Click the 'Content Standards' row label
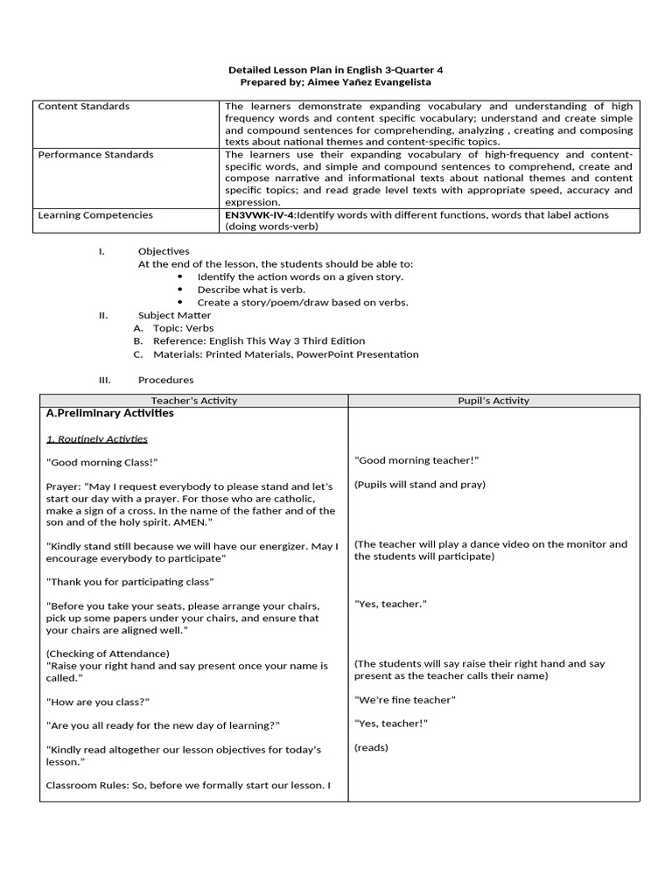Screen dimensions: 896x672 click(x=84, y=106)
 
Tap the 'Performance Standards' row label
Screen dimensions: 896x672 click(x=95, y=154)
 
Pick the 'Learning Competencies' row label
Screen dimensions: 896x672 click(x=94, y=214)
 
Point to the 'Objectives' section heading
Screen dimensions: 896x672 click(x=164, y=251)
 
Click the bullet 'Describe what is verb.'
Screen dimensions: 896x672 click(x=251, y=289)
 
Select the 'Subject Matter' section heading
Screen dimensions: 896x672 click(x=174, y=315)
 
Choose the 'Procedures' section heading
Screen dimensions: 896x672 click(x=165, y=380)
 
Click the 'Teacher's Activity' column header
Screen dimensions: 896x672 click(x=194, y=401)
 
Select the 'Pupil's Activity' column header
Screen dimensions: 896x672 click(x=493, y=401)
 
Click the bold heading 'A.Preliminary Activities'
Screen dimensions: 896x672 click(x=110, y=413)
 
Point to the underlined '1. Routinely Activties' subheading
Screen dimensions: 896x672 click(x=97, y=438)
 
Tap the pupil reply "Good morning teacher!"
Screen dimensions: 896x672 click(x=416, y=460)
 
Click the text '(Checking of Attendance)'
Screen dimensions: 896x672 click(x=108, y=653)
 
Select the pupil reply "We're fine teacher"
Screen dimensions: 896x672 click(x=405, y=699)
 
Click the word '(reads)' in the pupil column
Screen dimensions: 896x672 click(x=371, y=747)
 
